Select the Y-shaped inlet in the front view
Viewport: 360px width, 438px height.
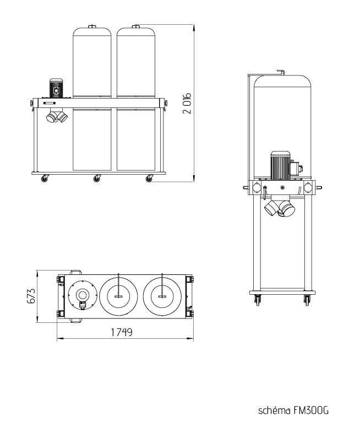coord(56,116)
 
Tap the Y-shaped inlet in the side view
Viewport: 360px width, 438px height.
coord(280,208)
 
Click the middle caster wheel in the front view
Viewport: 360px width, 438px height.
coord(97,178)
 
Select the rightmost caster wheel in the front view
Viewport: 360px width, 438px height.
coord(149,178)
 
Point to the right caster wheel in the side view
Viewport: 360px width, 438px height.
coord(307,300)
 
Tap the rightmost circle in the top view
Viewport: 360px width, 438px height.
coord(162,296)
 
